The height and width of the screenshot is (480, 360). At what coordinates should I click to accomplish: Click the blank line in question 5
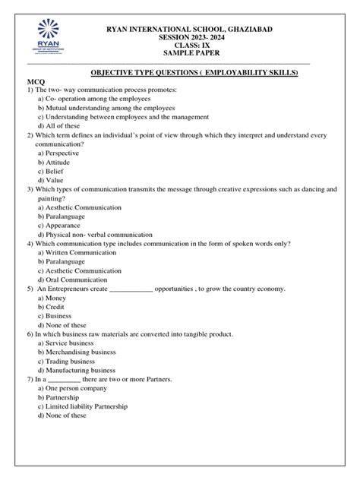tap(131, 289)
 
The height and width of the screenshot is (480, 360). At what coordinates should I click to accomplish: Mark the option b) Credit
tap(55, 307)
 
